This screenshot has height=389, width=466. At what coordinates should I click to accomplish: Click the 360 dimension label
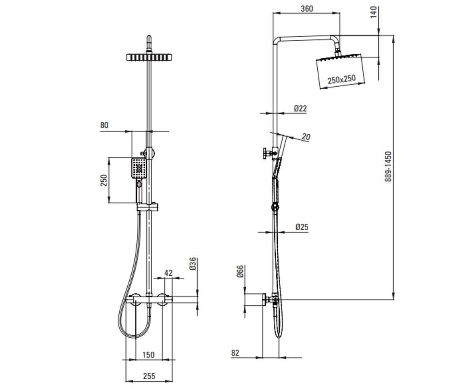307,9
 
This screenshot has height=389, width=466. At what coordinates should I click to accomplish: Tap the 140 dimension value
373,12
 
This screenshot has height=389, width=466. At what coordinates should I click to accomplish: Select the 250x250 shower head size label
341,79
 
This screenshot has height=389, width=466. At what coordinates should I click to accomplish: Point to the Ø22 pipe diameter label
301,109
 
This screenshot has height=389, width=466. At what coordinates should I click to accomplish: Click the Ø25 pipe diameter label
302,227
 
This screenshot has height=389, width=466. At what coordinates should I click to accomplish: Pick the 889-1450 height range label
388,166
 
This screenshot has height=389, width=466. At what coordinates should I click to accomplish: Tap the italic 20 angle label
306,137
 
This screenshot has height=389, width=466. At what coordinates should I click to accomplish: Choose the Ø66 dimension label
240,272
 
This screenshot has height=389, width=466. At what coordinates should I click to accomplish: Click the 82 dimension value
235,353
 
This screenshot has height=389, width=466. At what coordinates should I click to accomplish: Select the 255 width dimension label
149,376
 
